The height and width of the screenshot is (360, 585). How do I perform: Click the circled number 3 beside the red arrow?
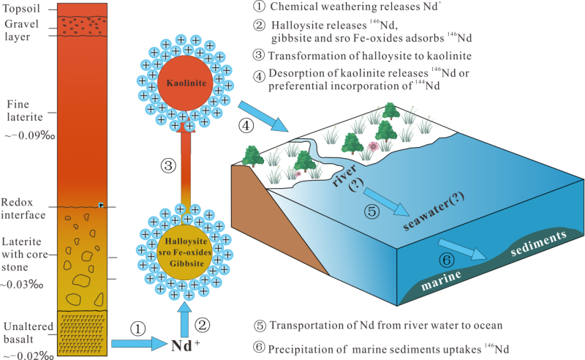pos(167,165)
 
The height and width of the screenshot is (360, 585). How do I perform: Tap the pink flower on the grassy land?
pos(374,146)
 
